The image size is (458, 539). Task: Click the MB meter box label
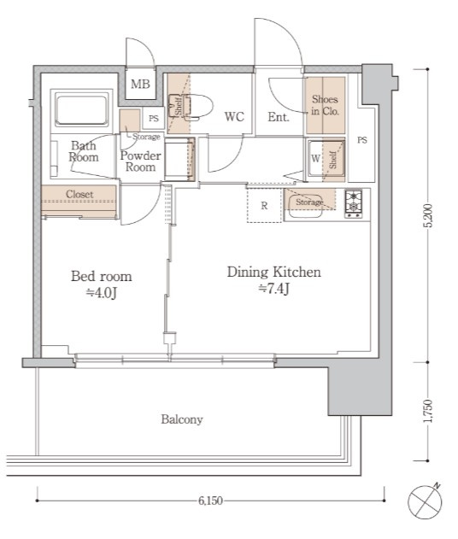(140, 84)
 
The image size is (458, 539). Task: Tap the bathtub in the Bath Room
(81, 109)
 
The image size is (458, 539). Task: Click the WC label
(234, 116)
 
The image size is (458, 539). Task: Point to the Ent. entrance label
(279, 117)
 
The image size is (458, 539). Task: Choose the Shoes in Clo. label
(325, 105)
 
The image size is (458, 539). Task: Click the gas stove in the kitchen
(354, 204)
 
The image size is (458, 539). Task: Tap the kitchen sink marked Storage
(306, 206)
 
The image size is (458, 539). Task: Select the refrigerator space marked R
(264, 205)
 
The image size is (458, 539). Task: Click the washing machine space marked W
(315, 159)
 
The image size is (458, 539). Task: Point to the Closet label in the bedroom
(79, 194)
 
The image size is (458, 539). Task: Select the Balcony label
(182, 419)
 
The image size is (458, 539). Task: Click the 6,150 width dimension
(210, 501)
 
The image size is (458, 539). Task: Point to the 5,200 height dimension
(428, 215)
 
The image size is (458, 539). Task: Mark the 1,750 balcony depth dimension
(428, 411)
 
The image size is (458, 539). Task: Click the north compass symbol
(425, 501)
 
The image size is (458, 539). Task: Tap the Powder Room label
(141, 161)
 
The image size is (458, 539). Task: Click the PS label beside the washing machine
(362, 140)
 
